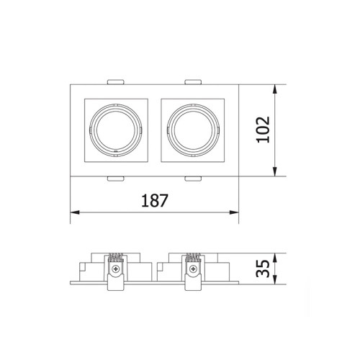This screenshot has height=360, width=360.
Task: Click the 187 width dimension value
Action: [155, 200]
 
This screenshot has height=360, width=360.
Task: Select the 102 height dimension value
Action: [263, 130]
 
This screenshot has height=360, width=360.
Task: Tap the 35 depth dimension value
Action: [263, 269]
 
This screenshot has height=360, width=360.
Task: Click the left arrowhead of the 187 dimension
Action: [75, 212]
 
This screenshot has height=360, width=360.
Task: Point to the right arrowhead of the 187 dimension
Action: [234, 212]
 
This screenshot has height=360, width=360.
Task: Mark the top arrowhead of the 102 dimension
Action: [275, 89]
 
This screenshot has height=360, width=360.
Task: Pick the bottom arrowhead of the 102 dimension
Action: [275, 171]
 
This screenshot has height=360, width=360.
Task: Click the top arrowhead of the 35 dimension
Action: [275, 258]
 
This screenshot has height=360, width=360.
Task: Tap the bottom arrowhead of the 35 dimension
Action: [275, 280]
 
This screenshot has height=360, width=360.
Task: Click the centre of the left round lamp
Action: [116, 130]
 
